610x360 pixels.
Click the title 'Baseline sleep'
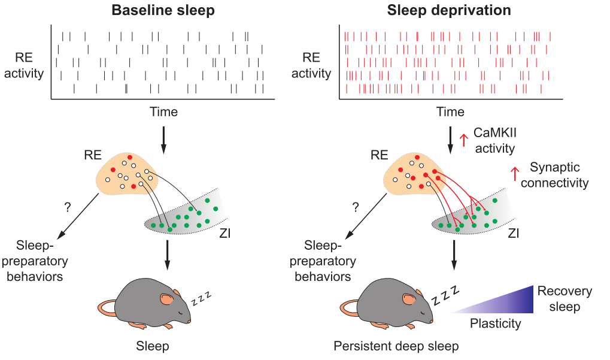pos(163,10)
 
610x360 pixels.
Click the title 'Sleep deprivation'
pos(449,10)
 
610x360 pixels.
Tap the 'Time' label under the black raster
pos(164,111)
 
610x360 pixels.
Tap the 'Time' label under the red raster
pos(451,111)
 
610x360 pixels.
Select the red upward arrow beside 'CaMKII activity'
pos(463,140)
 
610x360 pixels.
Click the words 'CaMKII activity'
pos(495,140)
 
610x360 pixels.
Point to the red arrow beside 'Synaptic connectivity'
pos(515,174)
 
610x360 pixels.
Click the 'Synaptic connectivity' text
pos(555,175)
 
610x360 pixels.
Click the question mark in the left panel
pos(68,207)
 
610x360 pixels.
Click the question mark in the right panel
pos(355,207)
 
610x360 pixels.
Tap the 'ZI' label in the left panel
pos(225,233)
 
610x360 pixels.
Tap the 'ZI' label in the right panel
pos(514,233)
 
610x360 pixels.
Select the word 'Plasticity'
pos(495,323)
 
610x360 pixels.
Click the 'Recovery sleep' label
pos(565,298)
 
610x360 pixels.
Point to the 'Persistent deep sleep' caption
pos(396,346)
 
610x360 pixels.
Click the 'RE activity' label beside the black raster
pos(24,65)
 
